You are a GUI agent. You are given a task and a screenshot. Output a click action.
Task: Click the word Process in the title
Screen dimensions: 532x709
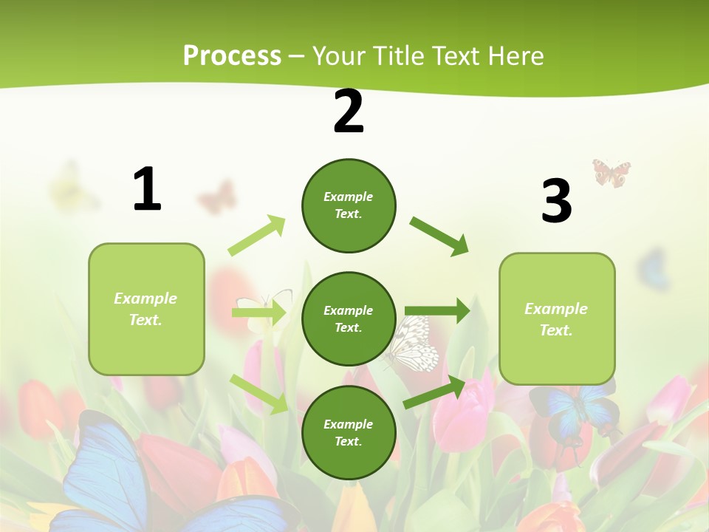(232, 55)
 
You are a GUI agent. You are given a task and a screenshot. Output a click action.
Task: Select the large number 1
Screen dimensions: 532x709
(147, 189)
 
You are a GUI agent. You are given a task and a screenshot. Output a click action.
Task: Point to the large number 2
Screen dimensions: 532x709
(349, 112)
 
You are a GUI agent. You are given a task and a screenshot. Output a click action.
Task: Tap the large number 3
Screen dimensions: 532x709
(556, 201)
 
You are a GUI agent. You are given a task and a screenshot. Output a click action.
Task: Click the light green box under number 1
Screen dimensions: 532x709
(146, 309)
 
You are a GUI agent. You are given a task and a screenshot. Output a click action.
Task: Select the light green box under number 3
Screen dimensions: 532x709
(557, 318)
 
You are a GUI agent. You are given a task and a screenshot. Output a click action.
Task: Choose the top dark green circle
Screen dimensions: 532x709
(349, 205)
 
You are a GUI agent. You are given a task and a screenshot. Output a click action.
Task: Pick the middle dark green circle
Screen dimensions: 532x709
(349, 318)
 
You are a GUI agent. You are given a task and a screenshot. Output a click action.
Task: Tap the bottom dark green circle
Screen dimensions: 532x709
(349, 432)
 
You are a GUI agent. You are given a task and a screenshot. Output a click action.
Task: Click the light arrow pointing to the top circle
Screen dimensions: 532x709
(257, 235)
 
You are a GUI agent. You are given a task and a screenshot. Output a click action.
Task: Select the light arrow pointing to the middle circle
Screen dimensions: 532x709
(259, 313)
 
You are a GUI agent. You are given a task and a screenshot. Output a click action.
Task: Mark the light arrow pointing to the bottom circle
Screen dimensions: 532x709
(259, 394)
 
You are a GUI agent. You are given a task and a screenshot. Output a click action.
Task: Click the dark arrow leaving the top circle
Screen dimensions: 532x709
(439, 236)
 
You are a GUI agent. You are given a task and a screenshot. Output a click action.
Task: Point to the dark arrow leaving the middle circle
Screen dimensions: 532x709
(437, 311)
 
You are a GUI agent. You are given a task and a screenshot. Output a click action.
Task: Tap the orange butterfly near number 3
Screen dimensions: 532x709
(612, 173)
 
